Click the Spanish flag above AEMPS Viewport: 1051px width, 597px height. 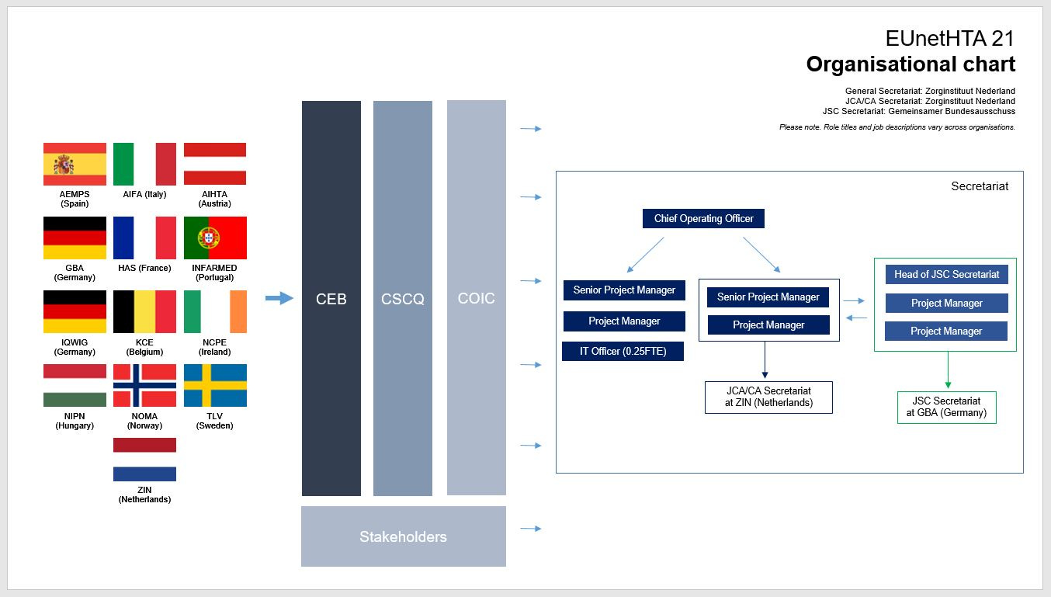click(x=75, y=164)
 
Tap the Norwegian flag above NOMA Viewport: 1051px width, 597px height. click(x=144, y=385)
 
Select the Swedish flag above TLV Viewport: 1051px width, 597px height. click(x=215, y=385)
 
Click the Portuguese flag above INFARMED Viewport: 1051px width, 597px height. click(x=215, y=238)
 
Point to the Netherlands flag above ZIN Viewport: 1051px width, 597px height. click(x=144, y=460)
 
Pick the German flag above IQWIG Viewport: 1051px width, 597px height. click(x=75, y=311)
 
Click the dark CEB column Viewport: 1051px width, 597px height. click(x=331, y=298)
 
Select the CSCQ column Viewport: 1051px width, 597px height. click(x=403, y=298)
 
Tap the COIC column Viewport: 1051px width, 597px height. click(x=476, y=298)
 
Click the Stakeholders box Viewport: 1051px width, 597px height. click(x=403, y=536)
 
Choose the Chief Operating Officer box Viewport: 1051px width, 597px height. click(x=703, y=218)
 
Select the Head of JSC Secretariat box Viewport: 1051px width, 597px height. click(x=946, y=274)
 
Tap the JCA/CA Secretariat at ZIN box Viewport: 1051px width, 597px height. click(x=768, y=397)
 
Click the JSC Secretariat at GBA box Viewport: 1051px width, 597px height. click(x=946, y=407)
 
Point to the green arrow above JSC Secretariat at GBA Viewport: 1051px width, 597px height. click(x=947, y=370)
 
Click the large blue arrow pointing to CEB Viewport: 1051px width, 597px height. click(x=279, y=298)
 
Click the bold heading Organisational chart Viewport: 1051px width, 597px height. click(x=910, y=64)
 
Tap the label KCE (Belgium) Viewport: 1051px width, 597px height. click(x=144, y=347)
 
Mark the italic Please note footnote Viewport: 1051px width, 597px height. click(x=897, y=127)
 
